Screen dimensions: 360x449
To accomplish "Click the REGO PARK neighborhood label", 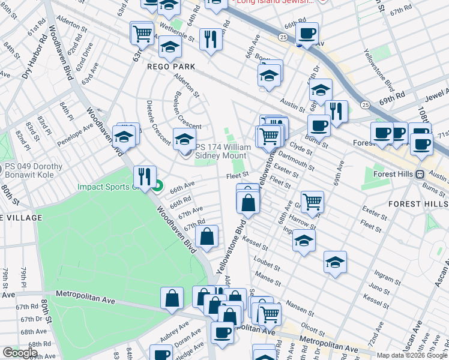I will tap(169, 67).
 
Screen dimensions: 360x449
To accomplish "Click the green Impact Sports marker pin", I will tap(157, 186).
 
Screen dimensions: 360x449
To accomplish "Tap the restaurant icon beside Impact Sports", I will tap(144, 176).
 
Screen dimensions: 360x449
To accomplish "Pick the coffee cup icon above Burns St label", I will tap(318, 126).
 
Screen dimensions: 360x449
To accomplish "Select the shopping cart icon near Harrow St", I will tap(312, 202).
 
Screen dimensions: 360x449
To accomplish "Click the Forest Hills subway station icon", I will tap(421, 174).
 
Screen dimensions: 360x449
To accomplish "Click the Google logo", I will tap(19, 353).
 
